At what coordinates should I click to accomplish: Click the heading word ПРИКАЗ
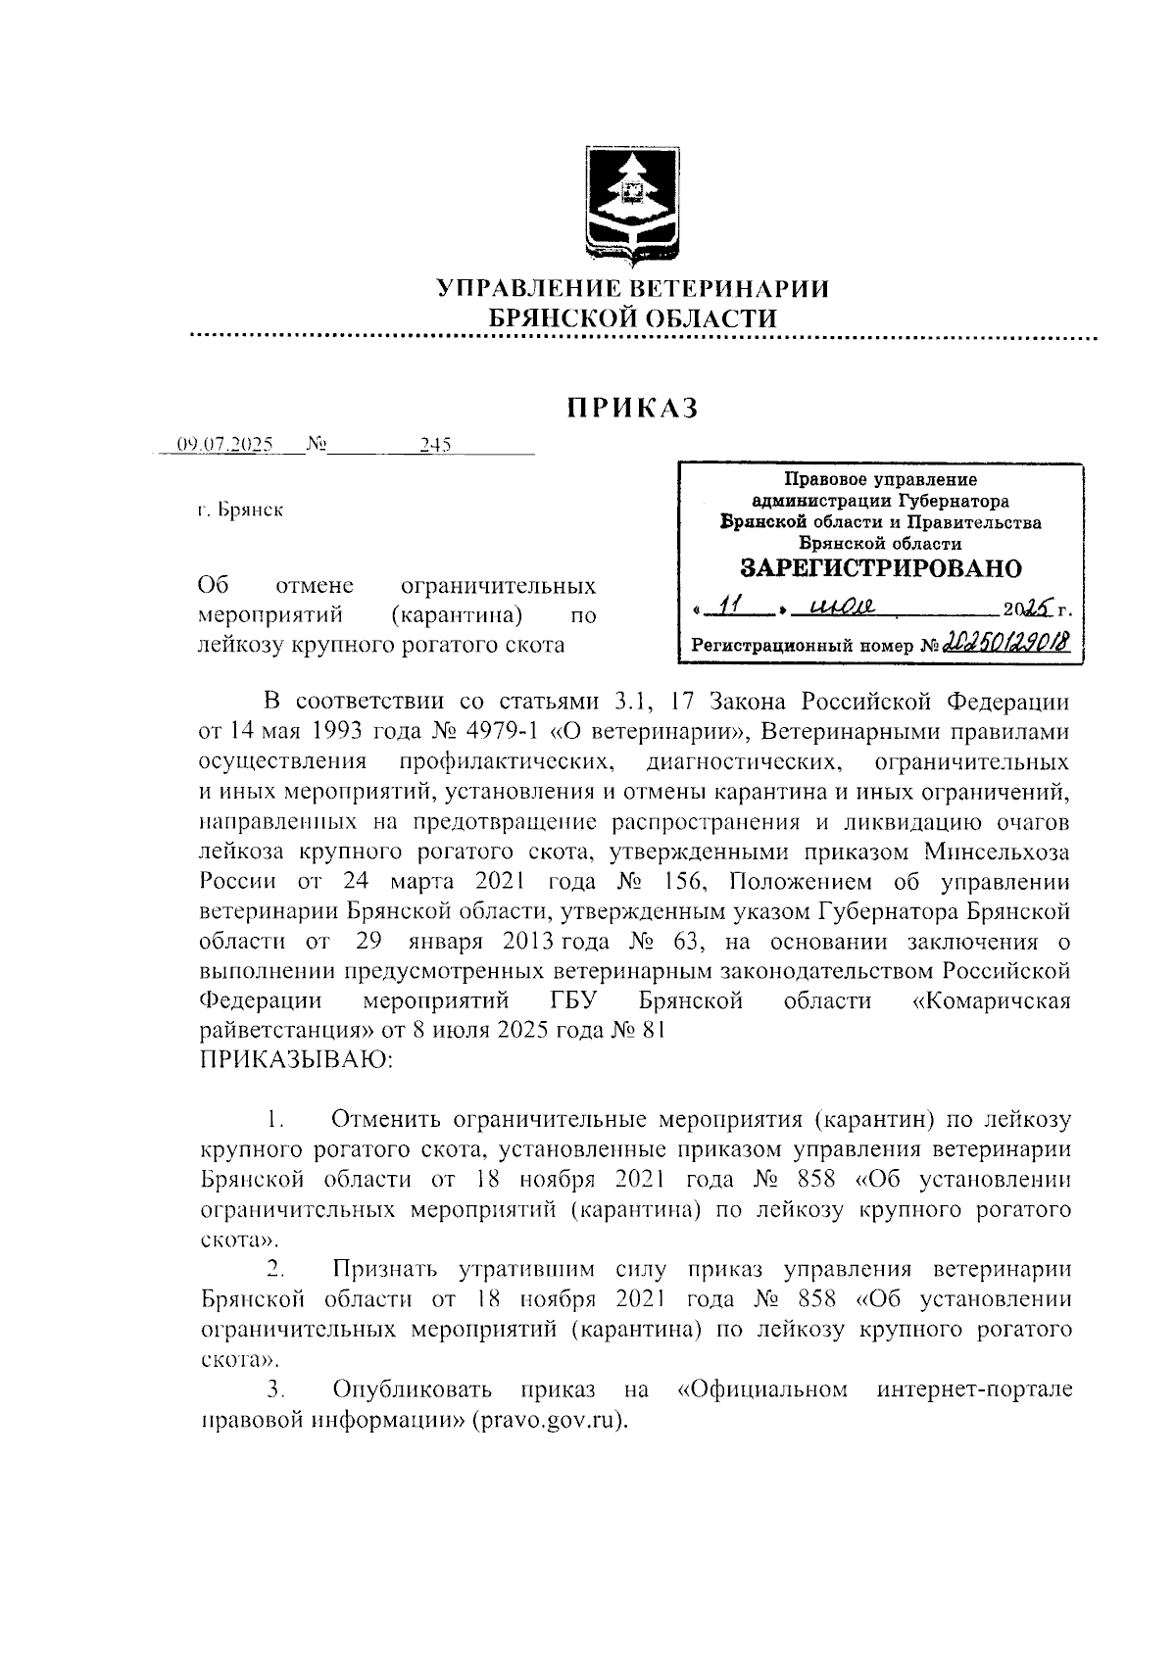point(632,408)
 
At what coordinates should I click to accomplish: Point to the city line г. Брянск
point(240,511)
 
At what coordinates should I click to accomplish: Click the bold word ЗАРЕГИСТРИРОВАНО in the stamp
point(879,569)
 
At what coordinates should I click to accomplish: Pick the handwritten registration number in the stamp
point(1005,642)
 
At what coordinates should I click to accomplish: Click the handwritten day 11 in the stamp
point(727,608)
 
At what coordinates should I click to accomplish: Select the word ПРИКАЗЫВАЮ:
point(297,1059)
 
